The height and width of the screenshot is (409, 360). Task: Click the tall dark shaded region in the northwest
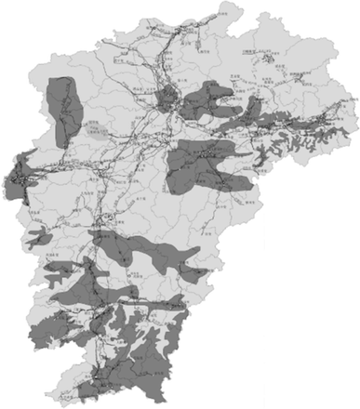pos(61,107)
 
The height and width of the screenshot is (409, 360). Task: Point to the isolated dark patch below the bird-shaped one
pos(52,271)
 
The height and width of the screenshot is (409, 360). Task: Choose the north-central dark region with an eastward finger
pos(205,102)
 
